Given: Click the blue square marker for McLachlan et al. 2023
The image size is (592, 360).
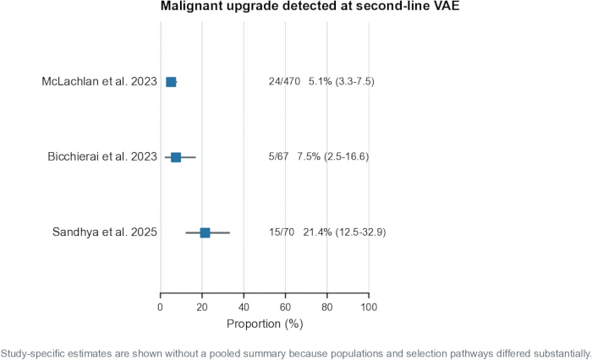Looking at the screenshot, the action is [171, 82].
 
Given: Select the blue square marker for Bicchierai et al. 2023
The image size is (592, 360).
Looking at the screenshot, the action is [176, 157].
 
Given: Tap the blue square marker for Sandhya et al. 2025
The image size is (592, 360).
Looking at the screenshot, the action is [205, 233].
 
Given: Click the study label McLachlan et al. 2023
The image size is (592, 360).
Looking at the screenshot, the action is [99, 81].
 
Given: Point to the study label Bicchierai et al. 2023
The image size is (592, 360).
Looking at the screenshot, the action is [102, 156].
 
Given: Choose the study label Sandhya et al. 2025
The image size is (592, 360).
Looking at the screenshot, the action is [105, 232].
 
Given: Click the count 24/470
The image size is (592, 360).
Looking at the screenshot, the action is [284, 81].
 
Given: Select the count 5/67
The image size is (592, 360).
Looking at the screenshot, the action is [278, 156].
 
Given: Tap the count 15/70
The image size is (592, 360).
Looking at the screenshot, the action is [282, 232].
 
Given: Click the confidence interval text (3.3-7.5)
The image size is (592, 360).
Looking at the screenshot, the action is [354, 81].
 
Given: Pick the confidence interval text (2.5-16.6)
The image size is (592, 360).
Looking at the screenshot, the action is [346, 156].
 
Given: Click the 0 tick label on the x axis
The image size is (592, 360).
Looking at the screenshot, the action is [161, 308].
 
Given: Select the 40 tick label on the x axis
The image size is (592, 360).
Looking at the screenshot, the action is [244, 308].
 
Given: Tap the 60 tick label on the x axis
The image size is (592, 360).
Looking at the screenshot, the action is [286, 308].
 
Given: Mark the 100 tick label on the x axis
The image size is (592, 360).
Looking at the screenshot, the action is [369, 308].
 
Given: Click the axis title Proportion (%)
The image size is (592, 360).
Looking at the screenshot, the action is [265, 324].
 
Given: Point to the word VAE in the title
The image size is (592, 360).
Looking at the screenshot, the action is [448, 6].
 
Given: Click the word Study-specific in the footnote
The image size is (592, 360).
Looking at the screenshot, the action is [29, 354].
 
